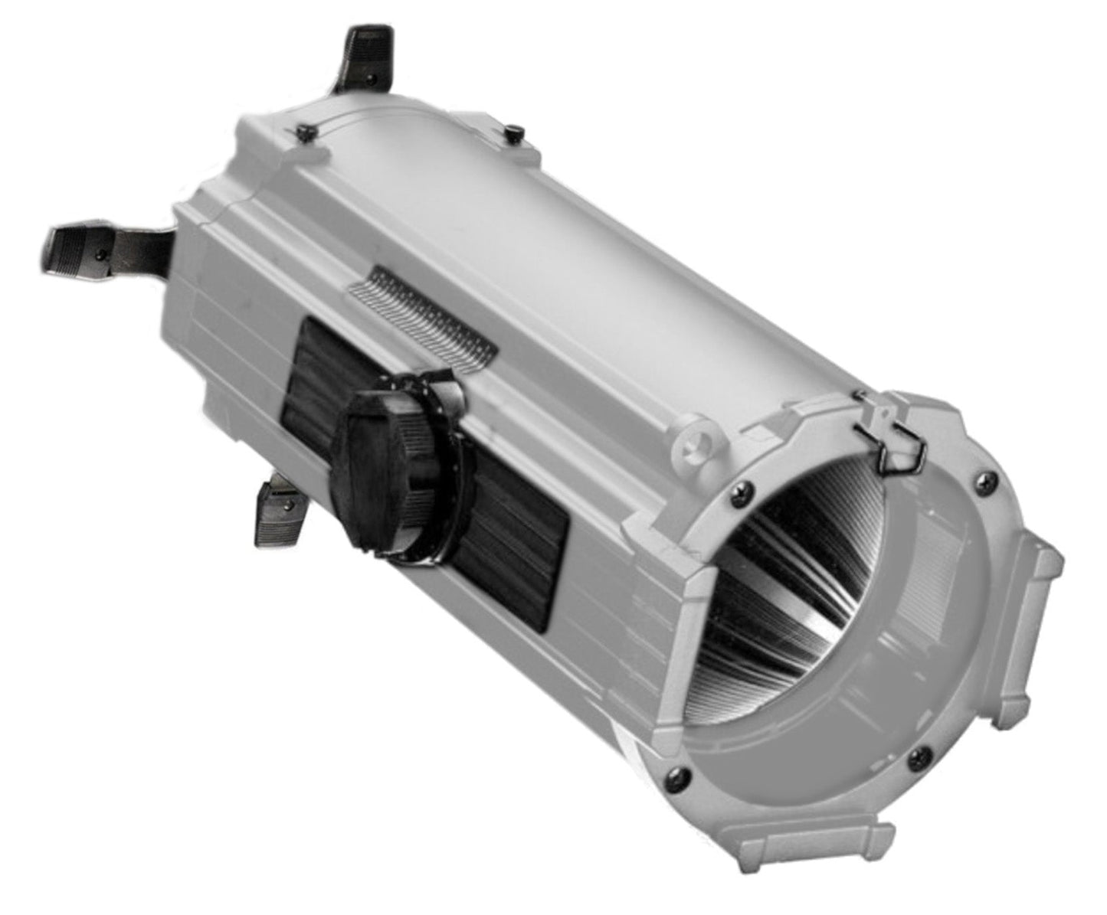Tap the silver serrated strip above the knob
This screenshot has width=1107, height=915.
[421, 314]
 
